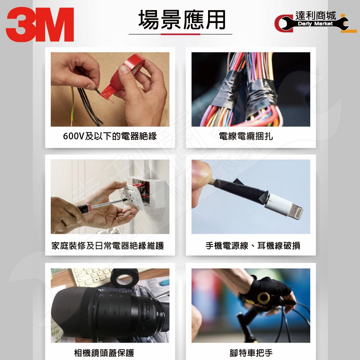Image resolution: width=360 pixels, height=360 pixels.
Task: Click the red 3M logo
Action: tap(40, 24)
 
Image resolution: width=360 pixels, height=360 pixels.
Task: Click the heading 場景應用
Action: tap(181, 20)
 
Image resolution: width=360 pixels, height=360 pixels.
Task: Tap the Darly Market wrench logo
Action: tap(315, 22)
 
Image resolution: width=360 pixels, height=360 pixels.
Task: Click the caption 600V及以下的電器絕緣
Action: tap(110, 136)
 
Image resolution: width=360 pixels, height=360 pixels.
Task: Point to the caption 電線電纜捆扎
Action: tap(246, 136)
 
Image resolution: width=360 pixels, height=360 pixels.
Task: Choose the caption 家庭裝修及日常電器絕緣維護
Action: tap(107, 246)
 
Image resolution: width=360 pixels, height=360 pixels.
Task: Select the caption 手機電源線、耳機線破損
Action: tap(253, 246)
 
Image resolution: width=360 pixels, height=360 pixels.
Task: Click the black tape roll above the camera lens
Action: tap(125, 278)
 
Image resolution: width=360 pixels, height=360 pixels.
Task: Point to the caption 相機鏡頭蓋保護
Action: tap(104, 353)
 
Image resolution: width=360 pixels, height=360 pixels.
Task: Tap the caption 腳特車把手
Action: tap(251, 353)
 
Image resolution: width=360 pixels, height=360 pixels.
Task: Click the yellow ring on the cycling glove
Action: tap(264, 298)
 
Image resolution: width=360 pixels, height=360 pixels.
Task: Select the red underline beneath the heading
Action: tap(180, 34)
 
